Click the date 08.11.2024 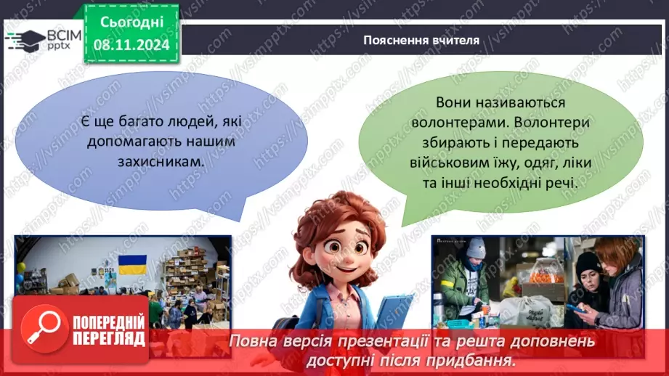click(x=131, y=45)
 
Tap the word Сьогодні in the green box click(x=131, y=23)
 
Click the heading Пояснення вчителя click(x=421, y=41)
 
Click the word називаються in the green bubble click(x=530, y=104)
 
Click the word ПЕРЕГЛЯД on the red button click(x=108, y=338)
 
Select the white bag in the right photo click(x=524, y=311)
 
